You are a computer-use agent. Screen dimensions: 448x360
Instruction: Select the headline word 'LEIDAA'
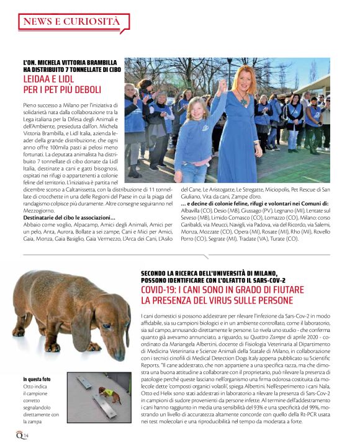[40, 79]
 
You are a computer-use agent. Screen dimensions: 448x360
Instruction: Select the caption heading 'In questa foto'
[38, 380]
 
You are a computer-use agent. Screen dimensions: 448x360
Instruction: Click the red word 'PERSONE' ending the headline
[274, 301]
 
